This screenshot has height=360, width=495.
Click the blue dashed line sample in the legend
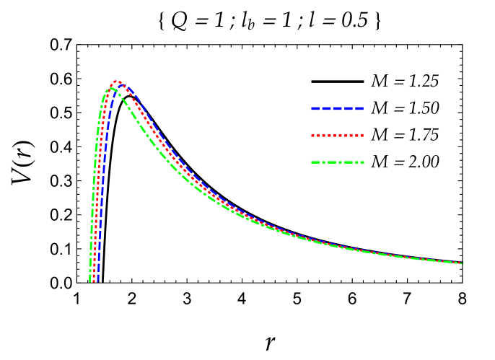337,108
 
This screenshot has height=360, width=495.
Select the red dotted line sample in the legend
337,135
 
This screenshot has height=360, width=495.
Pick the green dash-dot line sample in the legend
337,162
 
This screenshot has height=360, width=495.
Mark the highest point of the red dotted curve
115,82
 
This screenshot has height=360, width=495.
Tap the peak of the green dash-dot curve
111,88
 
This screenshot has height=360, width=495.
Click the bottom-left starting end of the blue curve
97,280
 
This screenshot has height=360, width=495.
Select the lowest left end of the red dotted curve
93,280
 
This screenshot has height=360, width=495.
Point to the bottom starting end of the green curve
90,280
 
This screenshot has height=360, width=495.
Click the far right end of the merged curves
461,263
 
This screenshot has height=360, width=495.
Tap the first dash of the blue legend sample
315,108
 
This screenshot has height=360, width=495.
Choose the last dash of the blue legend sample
359,108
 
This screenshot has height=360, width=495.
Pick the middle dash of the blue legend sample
338,108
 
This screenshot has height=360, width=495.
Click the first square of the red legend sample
313,135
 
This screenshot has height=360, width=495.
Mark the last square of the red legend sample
362,135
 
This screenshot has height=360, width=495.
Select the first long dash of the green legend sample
315,162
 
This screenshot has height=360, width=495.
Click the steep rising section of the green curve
95,180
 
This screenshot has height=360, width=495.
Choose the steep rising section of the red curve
98,180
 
